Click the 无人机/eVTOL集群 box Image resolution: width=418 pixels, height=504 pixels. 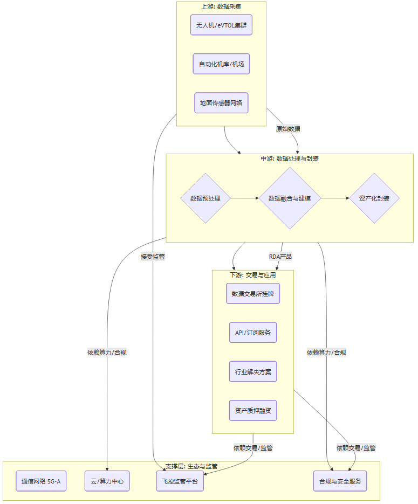(221, 25)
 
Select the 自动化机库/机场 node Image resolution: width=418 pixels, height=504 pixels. (221, 64)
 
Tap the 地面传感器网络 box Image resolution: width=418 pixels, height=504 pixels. (221, 102)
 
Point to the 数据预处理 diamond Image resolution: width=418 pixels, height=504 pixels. (205, 198)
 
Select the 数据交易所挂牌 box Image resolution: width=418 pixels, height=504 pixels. (253, 294)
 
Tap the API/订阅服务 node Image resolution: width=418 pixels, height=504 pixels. (253, 333)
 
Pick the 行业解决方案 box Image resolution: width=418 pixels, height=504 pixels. (253, 371)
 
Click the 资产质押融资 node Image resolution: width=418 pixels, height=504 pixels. (253, 410)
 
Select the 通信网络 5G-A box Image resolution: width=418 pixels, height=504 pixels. (42, 481)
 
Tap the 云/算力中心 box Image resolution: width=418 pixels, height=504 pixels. (107, 481)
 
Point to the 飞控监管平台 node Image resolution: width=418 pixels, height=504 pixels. (180, 481)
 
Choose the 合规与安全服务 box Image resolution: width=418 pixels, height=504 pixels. (340, 481)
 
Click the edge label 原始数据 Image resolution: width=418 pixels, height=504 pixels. (288, 129)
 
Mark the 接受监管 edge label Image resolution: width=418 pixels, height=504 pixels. (153, 257)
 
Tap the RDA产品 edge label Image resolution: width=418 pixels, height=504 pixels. (280, 257)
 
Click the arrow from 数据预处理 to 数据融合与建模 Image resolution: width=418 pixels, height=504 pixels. (244, 198)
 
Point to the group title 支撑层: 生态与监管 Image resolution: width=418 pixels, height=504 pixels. (191, 466)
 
